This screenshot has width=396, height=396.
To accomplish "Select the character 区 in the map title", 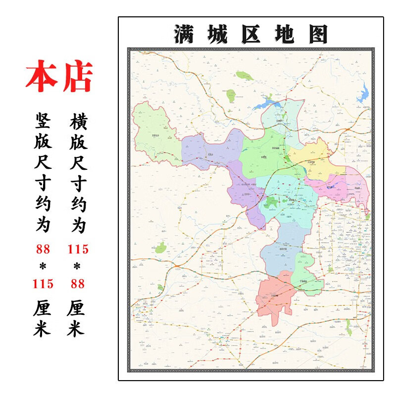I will [x=250, y=34].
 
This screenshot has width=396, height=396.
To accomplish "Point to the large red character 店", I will [x=77, y=77].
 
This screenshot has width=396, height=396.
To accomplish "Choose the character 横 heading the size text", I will [x=78, y=120].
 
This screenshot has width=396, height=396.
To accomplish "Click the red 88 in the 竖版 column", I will [x=43, y=248].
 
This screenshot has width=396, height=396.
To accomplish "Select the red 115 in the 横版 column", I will [x=78, y=248].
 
